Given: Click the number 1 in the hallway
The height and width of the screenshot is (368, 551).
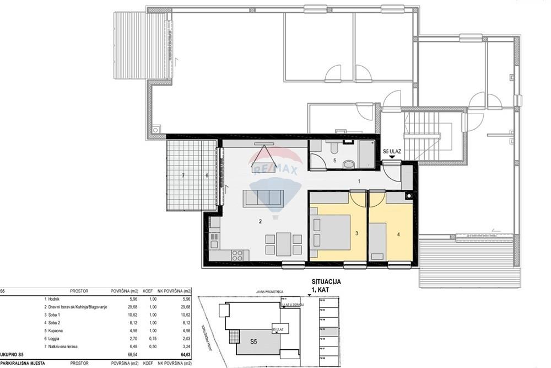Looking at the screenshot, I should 359,181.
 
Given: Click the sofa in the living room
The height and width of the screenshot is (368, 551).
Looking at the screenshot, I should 265,196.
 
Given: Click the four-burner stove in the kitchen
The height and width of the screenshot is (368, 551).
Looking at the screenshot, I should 237,255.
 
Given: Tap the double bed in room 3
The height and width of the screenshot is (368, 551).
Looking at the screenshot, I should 329,231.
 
